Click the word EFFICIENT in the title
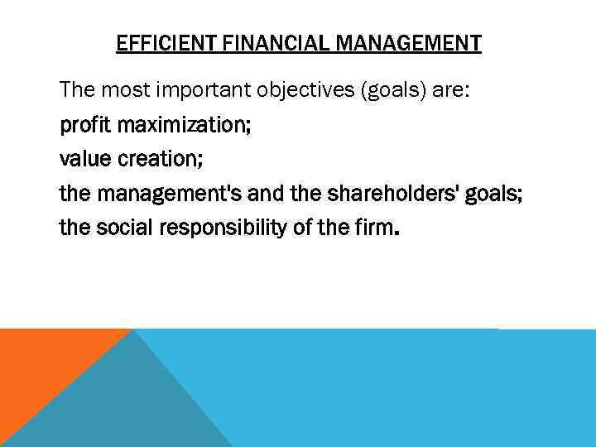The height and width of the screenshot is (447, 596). [x=157, y=43]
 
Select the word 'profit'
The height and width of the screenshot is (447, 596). [x=86, y=127]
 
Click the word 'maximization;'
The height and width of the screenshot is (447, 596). [x=185, y=127]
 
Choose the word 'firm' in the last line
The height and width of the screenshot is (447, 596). [x=374, y=228]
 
